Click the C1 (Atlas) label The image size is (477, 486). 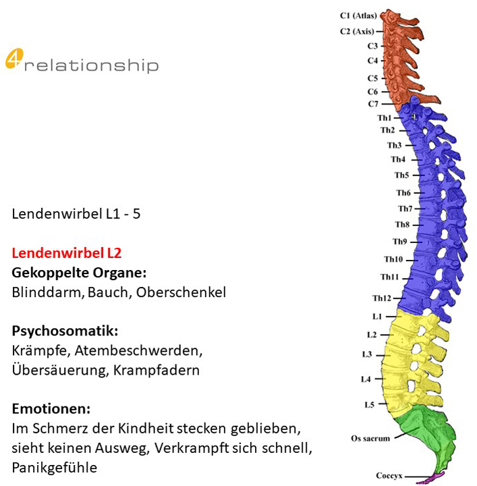tap(358, 16)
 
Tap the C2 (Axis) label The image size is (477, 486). tap(357, 31)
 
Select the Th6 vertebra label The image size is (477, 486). tap(403, 193)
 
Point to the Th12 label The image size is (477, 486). tap(382, 298)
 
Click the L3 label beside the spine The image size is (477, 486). tap(367, 354)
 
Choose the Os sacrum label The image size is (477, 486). tap(370, 438)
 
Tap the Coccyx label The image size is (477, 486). tap(389, 475)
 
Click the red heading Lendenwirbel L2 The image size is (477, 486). tap(67, 253)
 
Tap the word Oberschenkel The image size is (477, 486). tap(181, 292)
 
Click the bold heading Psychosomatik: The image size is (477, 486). tap(65, 331)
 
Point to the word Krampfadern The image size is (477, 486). tap(157, 370)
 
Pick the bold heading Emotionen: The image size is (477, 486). tap(51, 409)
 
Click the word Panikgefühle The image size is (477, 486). tap(55, 467)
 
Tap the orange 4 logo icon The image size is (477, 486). tap(14, 58)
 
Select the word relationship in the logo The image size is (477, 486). tap(92, 65)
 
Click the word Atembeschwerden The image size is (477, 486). tap(138, 350)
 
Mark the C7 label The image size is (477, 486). tap(373, 104)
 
